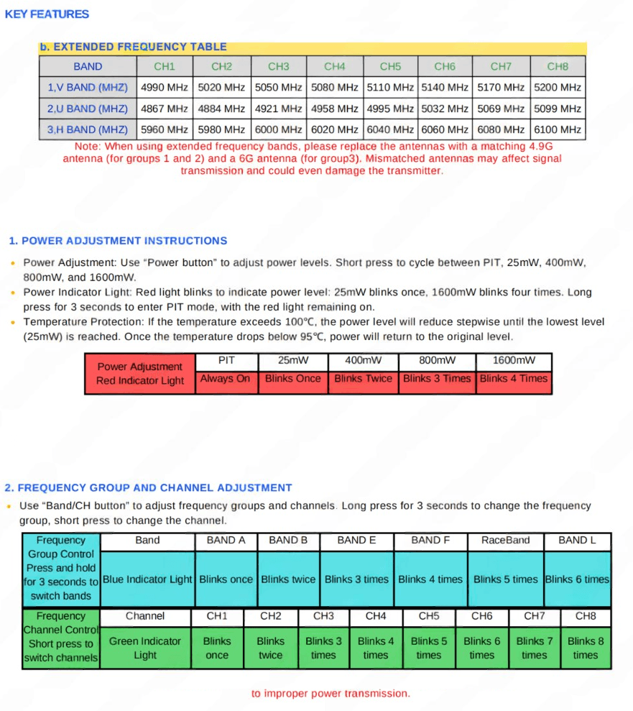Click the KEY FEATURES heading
(47, 14)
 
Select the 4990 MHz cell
(165, 88)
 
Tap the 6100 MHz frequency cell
(558, 129)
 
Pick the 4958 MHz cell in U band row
(334, 109)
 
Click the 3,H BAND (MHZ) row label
(87, 129)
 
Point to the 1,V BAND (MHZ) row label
(87, 88)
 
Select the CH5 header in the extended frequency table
(390, 66)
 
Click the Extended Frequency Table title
(133, 47)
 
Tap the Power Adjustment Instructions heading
(118, 241)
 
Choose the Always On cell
(225, 379)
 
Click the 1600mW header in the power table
(514, 360)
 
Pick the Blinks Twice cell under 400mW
(363, 379)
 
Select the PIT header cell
(226, 360)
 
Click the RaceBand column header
(505, 540)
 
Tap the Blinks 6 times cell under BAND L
(576, 579)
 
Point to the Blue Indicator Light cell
(147, 579)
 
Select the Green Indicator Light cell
(144, 648)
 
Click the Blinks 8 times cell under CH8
(585, 648)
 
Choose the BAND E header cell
(356, 540)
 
